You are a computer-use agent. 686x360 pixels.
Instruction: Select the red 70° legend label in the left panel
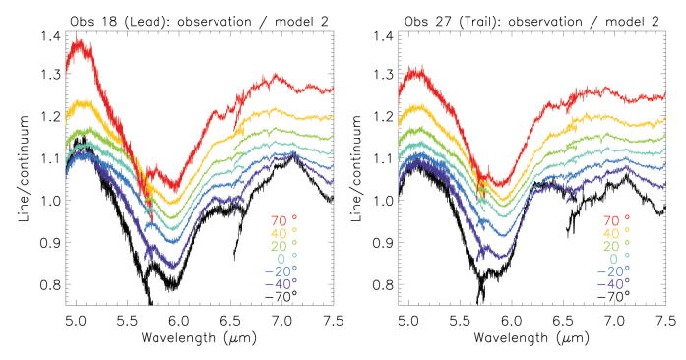tap(281, 221)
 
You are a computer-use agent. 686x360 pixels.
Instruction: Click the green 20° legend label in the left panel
tap(281, 246)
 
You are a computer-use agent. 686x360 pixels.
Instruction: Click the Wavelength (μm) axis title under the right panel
tap(532, 340)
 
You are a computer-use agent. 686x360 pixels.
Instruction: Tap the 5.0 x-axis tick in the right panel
tap(406, 321)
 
